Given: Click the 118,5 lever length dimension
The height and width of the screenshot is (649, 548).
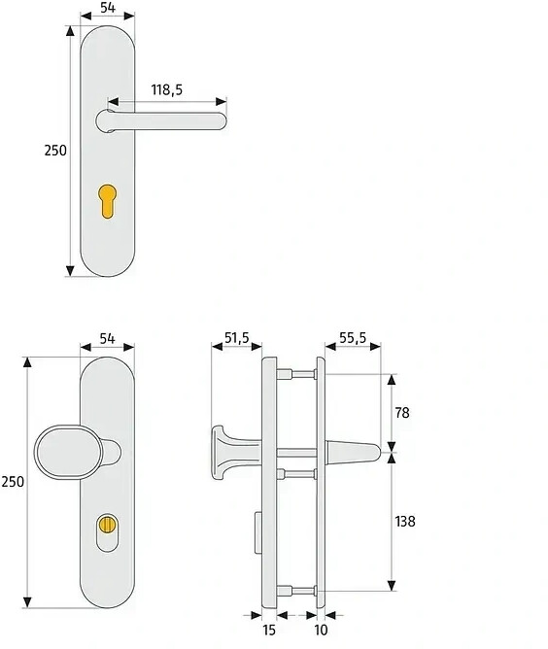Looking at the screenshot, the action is click(166, 89).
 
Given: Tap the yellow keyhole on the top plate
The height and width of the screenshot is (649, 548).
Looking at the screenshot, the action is click(107, 201).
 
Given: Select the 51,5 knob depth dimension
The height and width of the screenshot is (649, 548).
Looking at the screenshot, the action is click(237, 338).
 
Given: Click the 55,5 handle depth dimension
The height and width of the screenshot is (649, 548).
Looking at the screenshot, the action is click(353, 338).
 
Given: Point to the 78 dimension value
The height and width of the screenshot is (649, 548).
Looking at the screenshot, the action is click(402, 413).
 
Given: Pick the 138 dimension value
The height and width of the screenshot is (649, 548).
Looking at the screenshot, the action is click(405, 521).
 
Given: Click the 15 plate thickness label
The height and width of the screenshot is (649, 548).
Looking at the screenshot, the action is click(269, 630).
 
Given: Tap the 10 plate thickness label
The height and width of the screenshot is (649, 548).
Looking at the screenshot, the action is click(321, 630).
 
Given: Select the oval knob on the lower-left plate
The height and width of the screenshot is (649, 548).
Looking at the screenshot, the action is click(68, 452).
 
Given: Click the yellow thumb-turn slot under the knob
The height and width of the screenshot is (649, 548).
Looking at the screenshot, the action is click(107, 524).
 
